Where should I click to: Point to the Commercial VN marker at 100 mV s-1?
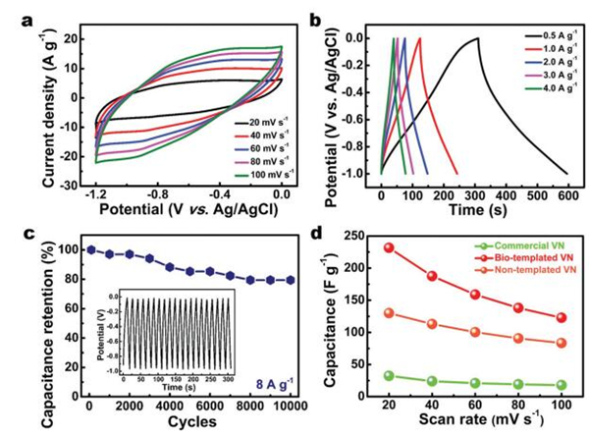[x=560, y=385]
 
